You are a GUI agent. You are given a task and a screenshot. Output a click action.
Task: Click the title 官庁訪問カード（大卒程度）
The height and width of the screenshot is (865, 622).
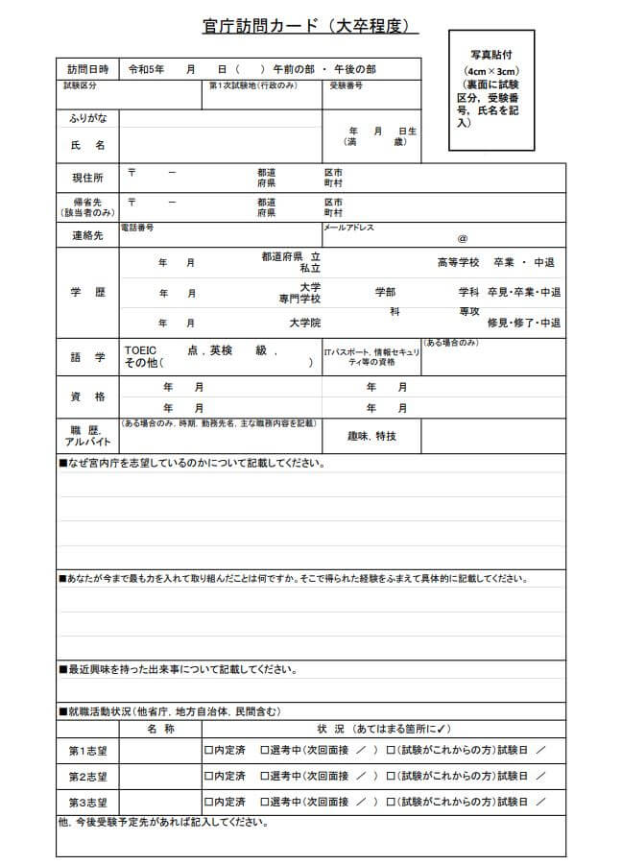point(311,27)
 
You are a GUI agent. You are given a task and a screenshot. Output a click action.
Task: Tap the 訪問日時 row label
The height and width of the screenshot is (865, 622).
point(87,70)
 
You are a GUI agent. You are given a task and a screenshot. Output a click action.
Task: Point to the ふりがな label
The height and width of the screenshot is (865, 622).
point(87,118)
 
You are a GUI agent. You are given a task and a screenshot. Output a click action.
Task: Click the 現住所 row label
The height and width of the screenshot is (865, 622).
point(87,178)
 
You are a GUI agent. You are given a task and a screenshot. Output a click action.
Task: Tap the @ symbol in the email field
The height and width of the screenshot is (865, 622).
point(463,237)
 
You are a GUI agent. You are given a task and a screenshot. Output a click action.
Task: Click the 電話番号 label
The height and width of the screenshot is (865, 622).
point(136,228)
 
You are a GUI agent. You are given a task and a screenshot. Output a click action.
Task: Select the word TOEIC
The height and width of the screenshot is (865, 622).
point(140,351)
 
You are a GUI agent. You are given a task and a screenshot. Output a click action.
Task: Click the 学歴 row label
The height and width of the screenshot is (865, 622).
point(87,292)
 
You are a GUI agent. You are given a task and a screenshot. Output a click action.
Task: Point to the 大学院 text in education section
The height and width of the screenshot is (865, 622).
point(305,323)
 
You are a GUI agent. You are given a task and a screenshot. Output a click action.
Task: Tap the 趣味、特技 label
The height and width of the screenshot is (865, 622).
point(371,436)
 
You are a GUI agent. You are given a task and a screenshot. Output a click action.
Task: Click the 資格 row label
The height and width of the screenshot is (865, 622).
point(87,396)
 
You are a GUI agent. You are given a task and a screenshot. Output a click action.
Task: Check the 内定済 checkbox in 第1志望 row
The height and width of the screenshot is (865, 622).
point(208,749)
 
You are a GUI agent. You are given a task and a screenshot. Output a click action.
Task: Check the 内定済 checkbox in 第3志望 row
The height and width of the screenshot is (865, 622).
point(208,801)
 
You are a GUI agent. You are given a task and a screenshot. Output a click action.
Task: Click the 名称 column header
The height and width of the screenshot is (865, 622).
point(160,729)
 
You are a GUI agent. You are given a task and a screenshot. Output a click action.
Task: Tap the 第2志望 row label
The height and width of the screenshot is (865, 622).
point(87,776)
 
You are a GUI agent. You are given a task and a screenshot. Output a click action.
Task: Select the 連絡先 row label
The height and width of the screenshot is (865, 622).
point(87,235)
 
